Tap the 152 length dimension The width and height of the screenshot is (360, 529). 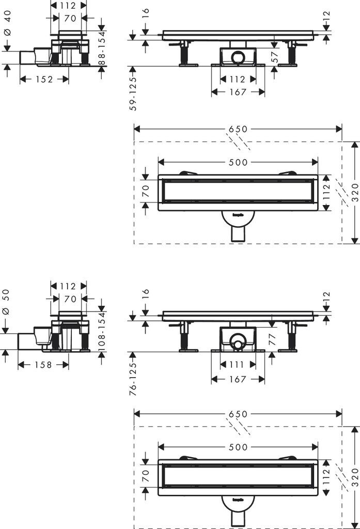coord(44,79)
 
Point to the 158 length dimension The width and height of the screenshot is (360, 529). coord(43,365)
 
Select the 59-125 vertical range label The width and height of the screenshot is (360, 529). coord(133,93)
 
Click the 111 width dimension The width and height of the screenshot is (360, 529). coord(238,365)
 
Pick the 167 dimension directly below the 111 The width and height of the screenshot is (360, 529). coord(238,379)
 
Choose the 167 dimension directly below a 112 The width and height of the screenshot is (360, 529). coord(238,92)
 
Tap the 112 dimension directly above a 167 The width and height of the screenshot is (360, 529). coord(238,79)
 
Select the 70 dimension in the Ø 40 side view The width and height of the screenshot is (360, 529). coord(70,18)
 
